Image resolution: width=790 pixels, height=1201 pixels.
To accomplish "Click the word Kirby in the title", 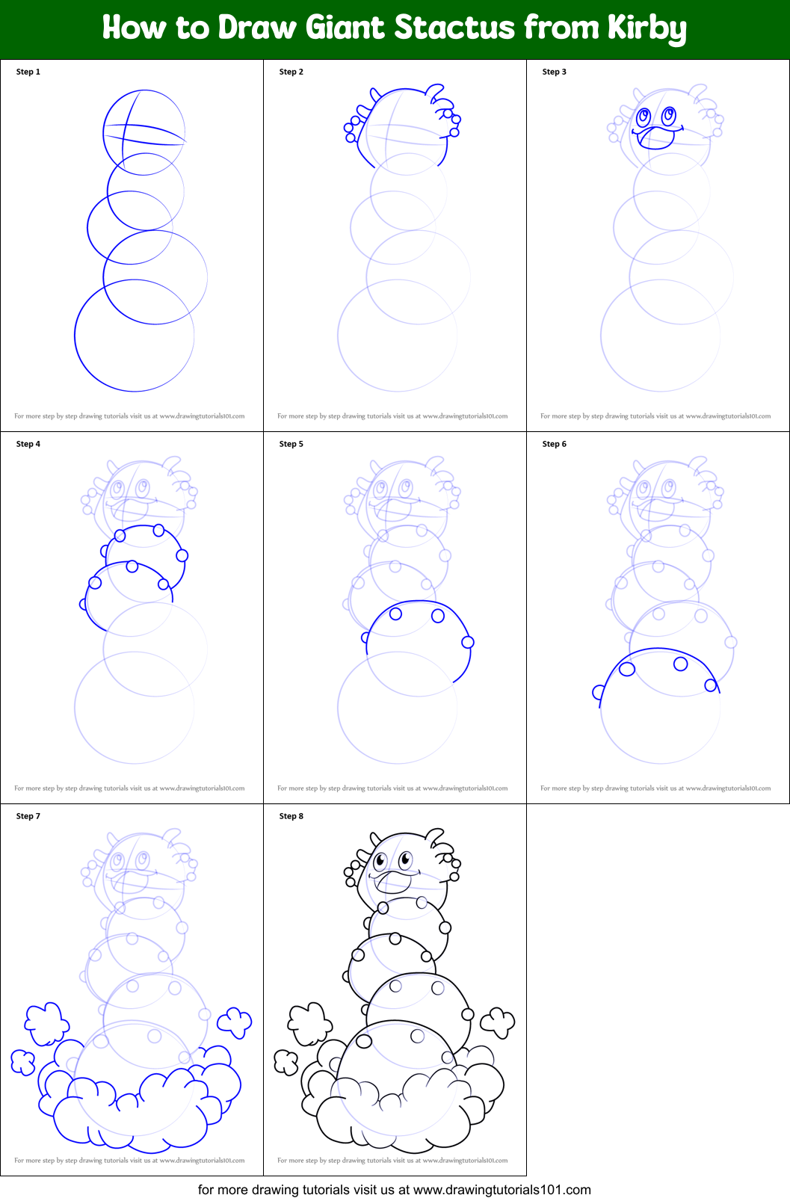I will click(x=646, y=28).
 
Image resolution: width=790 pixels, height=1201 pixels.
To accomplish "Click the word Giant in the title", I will click(x=346, y=28).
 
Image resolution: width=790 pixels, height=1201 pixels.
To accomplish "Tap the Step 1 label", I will click(x=28, y=72).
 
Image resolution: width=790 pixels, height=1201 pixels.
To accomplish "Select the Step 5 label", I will click(x=291, y=444).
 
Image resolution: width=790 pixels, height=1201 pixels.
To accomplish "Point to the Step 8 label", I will click(x=291, y=816).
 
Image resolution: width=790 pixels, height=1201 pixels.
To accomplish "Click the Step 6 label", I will click(x=555, y=444).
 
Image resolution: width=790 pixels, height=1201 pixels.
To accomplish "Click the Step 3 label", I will click(x=555, y=72).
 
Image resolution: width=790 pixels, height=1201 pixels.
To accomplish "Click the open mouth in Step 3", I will click(x=656, y=138).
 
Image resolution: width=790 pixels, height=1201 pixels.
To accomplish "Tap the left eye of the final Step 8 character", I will click(x=380, y=861).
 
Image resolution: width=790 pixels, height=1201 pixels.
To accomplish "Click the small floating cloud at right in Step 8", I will click(x=498, y=1021).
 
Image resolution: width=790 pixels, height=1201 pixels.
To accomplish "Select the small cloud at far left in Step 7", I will click(x=22, y=1061).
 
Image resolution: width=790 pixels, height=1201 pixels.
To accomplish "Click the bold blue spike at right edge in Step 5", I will click(x=468, y=642).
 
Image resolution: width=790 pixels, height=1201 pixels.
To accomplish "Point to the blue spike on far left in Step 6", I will click(x=598, y=693).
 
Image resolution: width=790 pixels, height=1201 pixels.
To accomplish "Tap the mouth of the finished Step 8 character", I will click(x=395, y=882).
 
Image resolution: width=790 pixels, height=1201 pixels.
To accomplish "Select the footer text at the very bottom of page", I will click(x=395, y=1189).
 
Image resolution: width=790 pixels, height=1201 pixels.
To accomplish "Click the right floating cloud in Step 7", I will click(x=235, y=1021).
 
